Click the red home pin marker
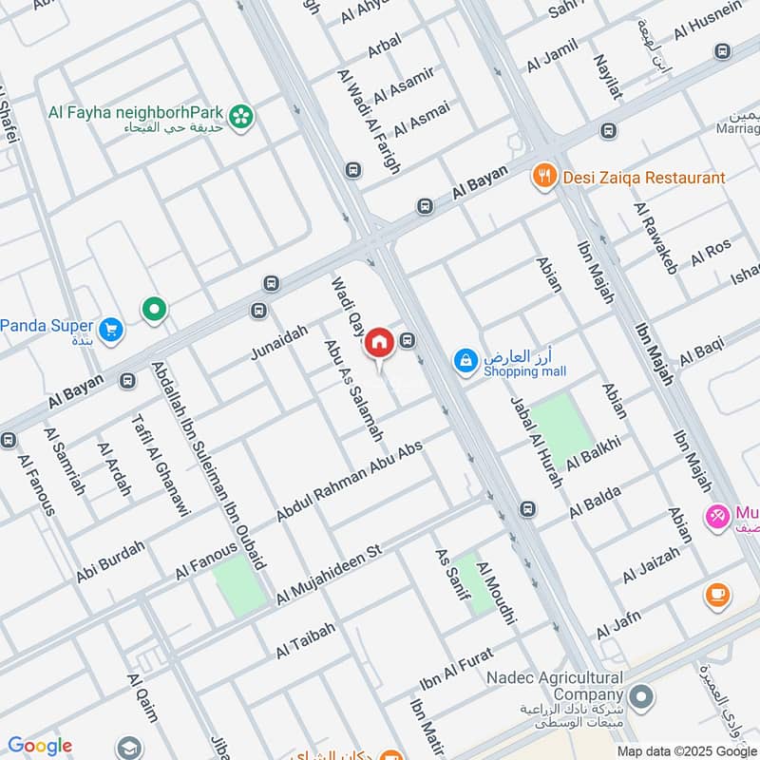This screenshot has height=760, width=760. tap(379, 342)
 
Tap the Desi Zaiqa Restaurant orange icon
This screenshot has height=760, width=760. tap(543, 176)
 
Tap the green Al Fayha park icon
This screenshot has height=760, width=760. tap(244, 116)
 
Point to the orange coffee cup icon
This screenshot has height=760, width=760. tap(717, 596)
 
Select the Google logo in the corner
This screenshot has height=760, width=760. tap(39, 746)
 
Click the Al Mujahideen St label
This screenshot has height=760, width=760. tap(328, 575)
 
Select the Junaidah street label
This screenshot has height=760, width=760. tap(279, 341)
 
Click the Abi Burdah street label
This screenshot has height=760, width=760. tap(111, 561)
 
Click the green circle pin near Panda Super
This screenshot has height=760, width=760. tap(154, 308)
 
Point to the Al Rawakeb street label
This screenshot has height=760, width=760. tap(655, 238)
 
